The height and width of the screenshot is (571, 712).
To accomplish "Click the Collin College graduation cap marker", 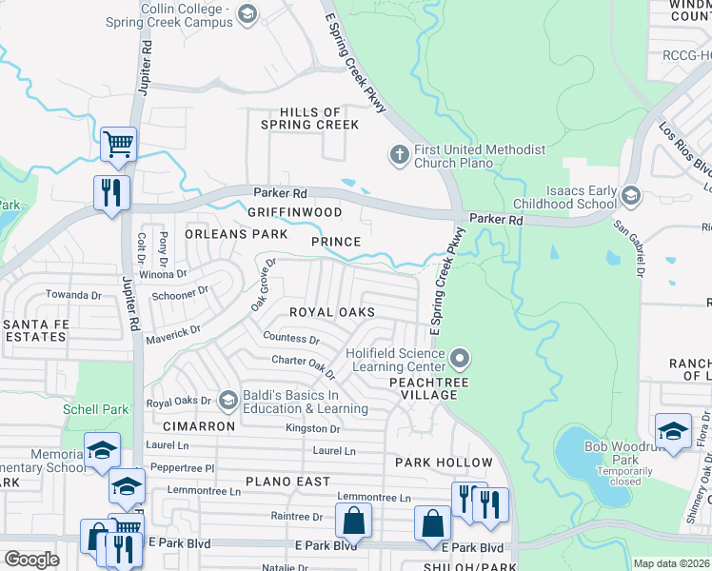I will click(247, 13).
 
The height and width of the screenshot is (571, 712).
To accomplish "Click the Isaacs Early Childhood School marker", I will click(629, 196).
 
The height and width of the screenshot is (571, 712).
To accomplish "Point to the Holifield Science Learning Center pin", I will click(461, 359).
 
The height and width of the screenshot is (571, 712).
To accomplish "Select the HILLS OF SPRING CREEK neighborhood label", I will click(305, 118).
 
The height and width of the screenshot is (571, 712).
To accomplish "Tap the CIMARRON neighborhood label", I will click(198, 426).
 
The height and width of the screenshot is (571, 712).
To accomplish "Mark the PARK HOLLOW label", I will click(445, 463).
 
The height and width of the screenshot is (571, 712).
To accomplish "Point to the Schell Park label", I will click(96, 408).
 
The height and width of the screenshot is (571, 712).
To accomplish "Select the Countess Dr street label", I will click(291, 338).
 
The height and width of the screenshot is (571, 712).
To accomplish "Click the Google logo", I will click(31, 560).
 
